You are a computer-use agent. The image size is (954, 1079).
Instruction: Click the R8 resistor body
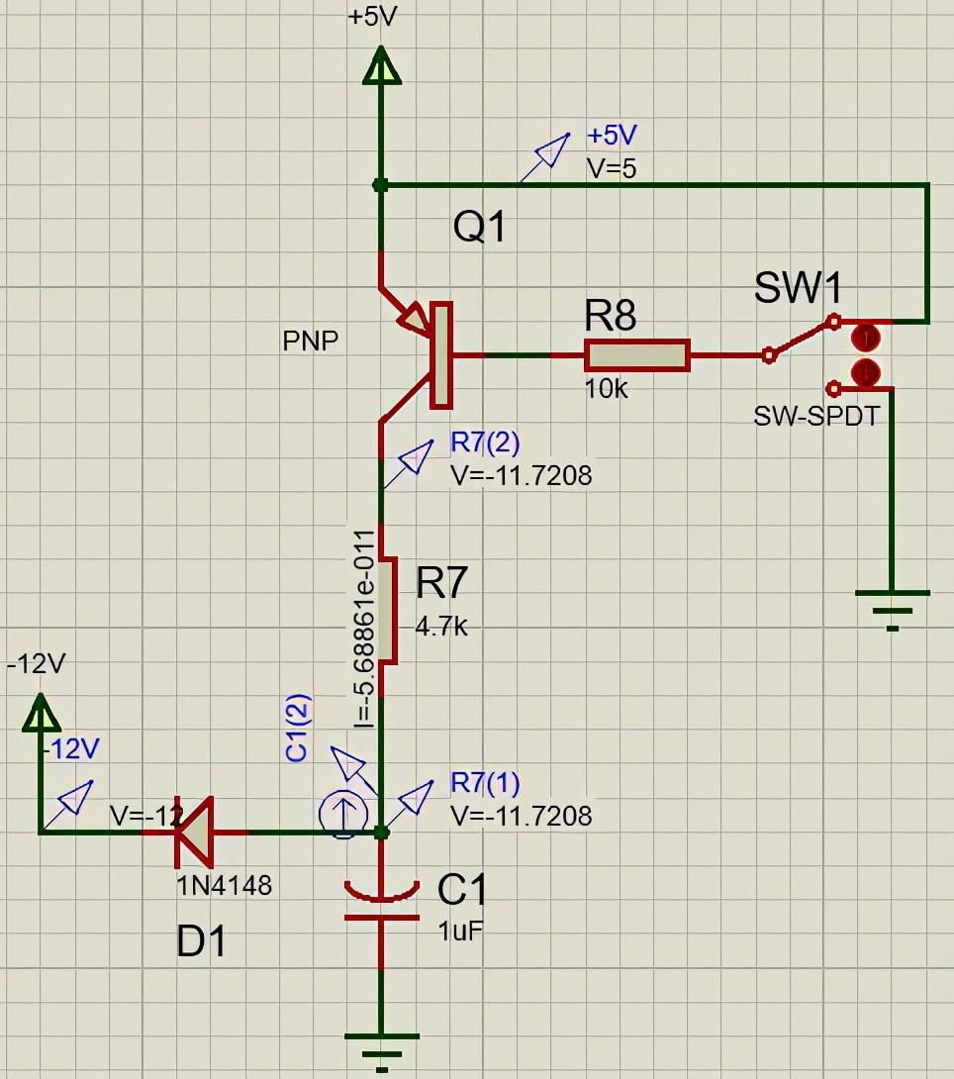point(637,355)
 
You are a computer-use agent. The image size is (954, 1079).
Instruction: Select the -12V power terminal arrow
point(40,710)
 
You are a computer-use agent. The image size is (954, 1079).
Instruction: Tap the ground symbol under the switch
point(892,604)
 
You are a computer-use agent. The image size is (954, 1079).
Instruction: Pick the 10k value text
point(607,389)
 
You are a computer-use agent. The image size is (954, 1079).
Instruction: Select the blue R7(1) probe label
point(485,782)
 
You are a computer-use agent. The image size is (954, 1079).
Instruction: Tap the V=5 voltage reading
point(612,168)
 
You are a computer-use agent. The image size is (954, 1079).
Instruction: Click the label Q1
point(480,228)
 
